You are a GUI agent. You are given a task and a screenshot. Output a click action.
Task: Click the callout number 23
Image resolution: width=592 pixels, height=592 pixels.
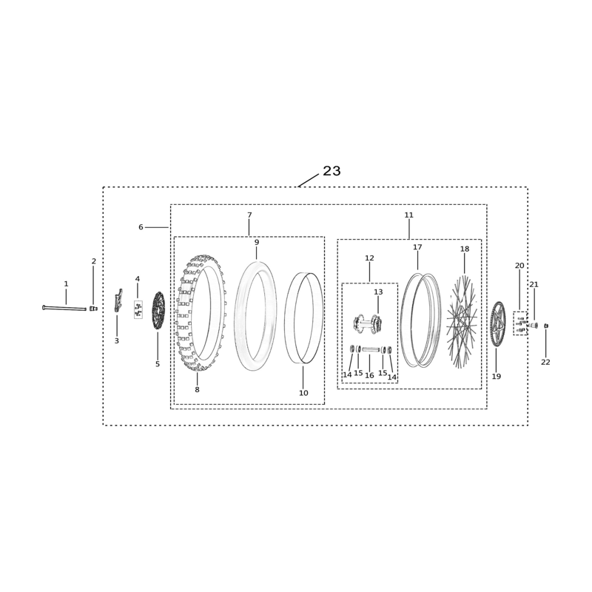click(x=332, y=171)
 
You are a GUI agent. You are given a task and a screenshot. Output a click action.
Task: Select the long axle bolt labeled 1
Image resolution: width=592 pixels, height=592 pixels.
click(x=64, y=309)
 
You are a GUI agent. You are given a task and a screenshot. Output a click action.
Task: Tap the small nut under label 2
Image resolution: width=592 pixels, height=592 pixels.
click(x=93, y=309)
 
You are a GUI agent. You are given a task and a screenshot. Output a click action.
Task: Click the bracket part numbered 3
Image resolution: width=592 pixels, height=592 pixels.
click(x=118, y=300)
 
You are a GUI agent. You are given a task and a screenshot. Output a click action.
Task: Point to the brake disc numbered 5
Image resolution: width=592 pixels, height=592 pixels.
click(x=158, y=310)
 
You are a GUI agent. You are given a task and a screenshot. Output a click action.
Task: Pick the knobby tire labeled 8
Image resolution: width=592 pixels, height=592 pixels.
click(x=201, y=312)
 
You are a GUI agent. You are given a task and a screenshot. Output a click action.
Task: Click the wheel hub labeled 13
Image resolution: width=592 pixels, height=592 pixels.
click(x=367, y=324)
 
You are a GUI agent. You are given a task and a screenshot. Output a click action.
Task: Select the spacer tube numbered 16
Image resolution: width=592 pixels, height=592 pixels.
click(x=371, y=349)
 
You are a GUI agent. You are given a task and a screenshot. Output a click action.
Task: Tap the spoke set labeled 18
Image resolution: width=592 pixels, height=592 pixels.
click(x=461, y=322)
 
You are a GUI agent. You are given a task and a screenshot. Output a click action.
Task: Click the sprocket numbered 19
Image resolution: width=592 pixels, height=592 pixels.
click(x=497, y=324)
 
